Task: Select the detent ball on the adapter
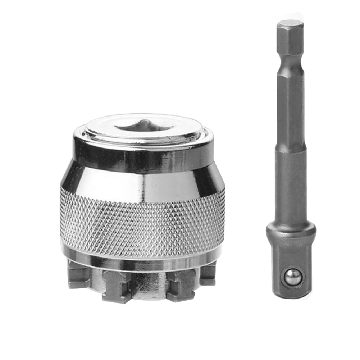pos(292,278)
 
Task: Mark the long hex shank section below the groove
pos(290,108)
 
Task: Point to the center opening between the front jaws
pos(147,284)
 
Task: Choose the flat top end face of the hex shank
pos(290,23)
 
